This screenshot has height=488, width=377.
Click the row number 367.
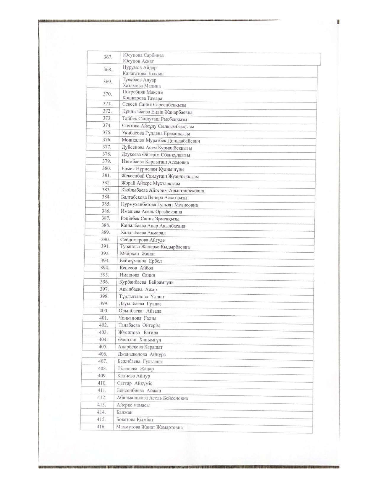point(108,57)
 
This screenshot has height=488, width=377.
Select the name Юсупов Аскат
point(138,61)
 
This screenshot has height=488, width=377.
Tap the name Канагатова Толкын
point(143,74)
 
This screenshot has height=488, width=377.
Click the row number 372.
point(107,111)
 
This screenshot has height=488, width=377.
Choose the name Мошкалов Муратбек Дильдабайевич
point(161,141)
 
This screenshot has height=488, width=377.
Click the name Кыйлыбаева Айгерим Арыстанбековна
point(162,191)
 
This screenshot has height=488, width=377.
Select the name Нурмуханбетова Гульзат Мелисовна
point(159,205)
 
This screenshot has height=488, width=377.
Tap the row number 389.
point(106,232)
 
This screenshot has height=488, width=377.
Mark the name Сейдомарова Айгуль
point(143,240)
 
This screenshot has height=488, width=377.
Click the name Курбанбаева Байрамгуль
point(146,282)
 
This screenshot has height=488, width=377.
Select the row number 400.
point(104,311)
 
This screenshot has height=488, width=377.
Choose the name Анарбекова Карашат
point(140,347)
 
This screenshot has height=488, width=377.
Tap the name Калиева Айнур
point(134,376)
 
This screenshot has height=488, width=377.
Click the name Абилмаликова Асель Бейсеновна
point(152,398)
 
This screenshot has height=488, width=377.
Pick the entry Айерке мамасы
point(133,405)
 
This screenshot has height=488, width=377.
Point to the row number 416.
point(101,427)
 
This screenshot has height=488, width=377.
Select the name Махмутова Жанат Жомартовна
point(149,427)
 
